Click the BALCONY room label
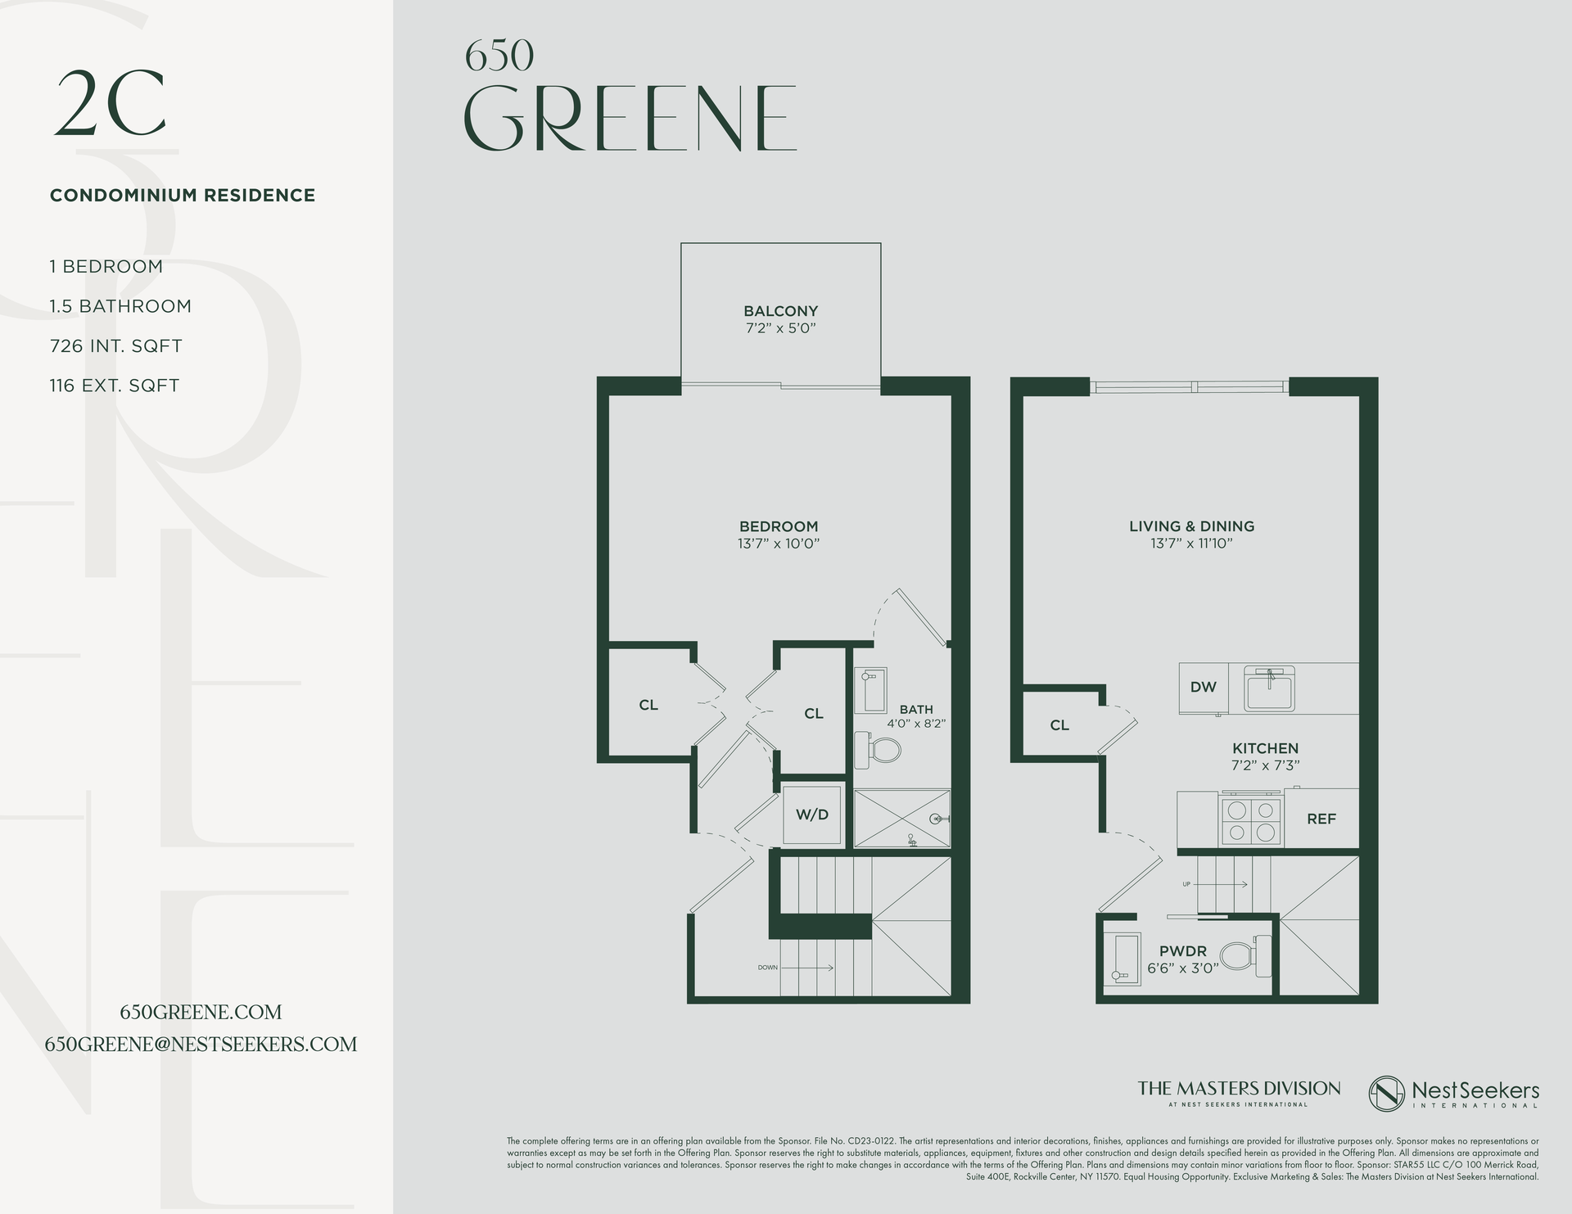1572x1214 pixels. pos(780,311)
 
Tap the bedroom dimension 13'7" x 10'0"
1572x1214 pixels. pos(778,544)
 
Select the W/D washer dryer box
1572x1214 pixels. pos(812,815)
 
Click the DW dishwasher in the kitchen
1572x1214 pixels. pos(1203,688)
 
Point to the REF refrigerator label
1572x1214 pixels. pos(1321,819)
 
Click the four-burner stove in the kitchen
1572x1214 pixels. pos(1251,821)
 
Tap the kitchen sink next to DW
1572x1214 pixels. pos(1269,688)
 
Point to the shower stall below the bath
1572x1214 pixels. pos(901,818)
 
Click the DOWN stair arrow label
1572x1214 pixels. pos(767,968)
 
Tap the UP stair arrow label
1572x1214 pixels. pos(1186,885)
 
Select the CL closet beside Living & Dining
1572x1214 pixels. pos(1059,725)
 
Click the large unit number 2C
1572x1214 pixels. pos(111,105)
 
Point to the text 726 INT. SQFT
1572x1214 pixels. pos(115,346)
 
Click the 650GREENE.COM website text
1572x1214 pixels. pos(201,1013)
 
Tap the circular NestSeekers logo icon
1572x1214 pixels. pos(1387,1093)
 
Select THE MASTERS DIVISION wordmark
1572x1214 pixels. pos(1239,1089)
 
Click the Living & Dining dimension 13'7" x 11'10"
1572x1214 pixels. pos(1191,544)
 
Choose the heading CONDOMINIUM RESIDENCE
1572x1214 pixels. pos(183,196)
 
